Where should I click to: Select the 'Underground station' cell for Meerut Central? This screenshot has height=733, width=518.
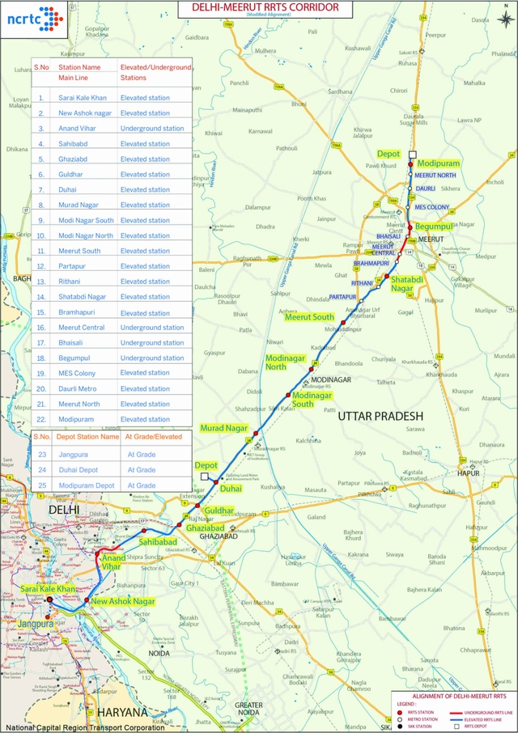(152, 328)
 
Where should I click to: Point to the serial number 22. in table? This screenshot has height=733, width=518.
(41, 420)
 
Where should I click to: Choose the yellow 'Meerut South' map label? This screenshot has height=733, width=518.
(309, 317)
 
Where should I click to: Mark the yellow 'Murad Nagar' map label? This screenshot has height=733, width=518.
(224, 427)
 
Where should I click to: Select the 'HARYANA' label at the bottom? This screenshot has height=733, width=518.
(123, 713)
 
